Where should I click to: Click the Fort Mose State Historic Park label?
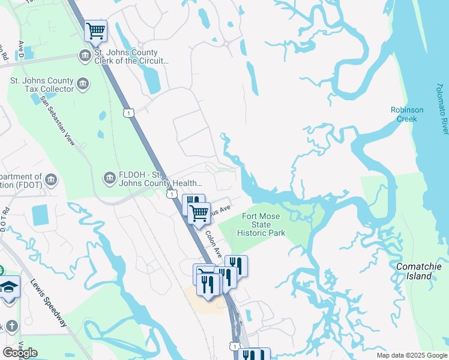click(261, 224)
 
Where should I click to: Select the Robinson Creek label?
click(407, 114)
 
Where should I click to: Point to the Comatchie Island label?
click(414, 271)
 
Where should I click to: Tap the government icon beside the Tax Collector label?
click(83, 85)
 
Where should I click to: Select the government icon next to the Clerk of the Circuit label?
click(85, 56)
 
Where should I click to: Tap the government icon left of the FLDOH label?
click(110, 177)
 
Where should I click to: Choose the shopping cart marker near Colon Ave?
click(199, 212)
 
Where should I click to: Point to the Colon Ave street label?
click(213, 245)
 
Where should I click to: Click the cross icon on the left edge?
click(11, 326)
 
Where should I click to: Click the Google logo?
click(20, 353)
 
